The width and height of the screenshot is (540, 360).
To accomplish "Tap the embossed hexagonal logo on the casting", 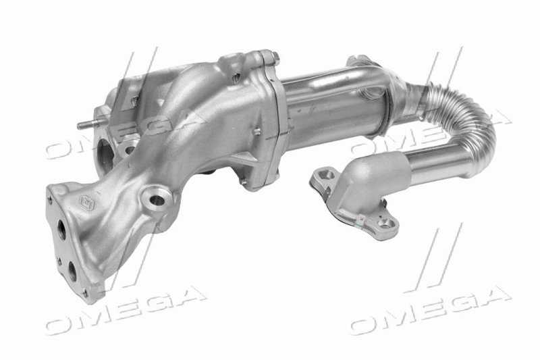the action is point(88,203).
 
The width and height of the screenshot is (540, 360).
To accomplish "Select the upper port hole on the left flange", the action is point(62,230).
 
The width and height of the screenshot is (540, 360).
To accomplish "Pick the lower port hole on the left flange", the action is point(72,271).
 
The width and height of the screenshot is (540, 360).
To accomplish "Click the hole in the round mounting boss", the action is point(157,200).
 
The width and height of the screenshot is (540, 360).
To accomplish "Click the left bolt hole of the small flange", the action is point(326,175).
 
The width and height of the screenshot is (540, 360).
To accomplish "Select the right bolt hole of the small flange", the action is point(387,224).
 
